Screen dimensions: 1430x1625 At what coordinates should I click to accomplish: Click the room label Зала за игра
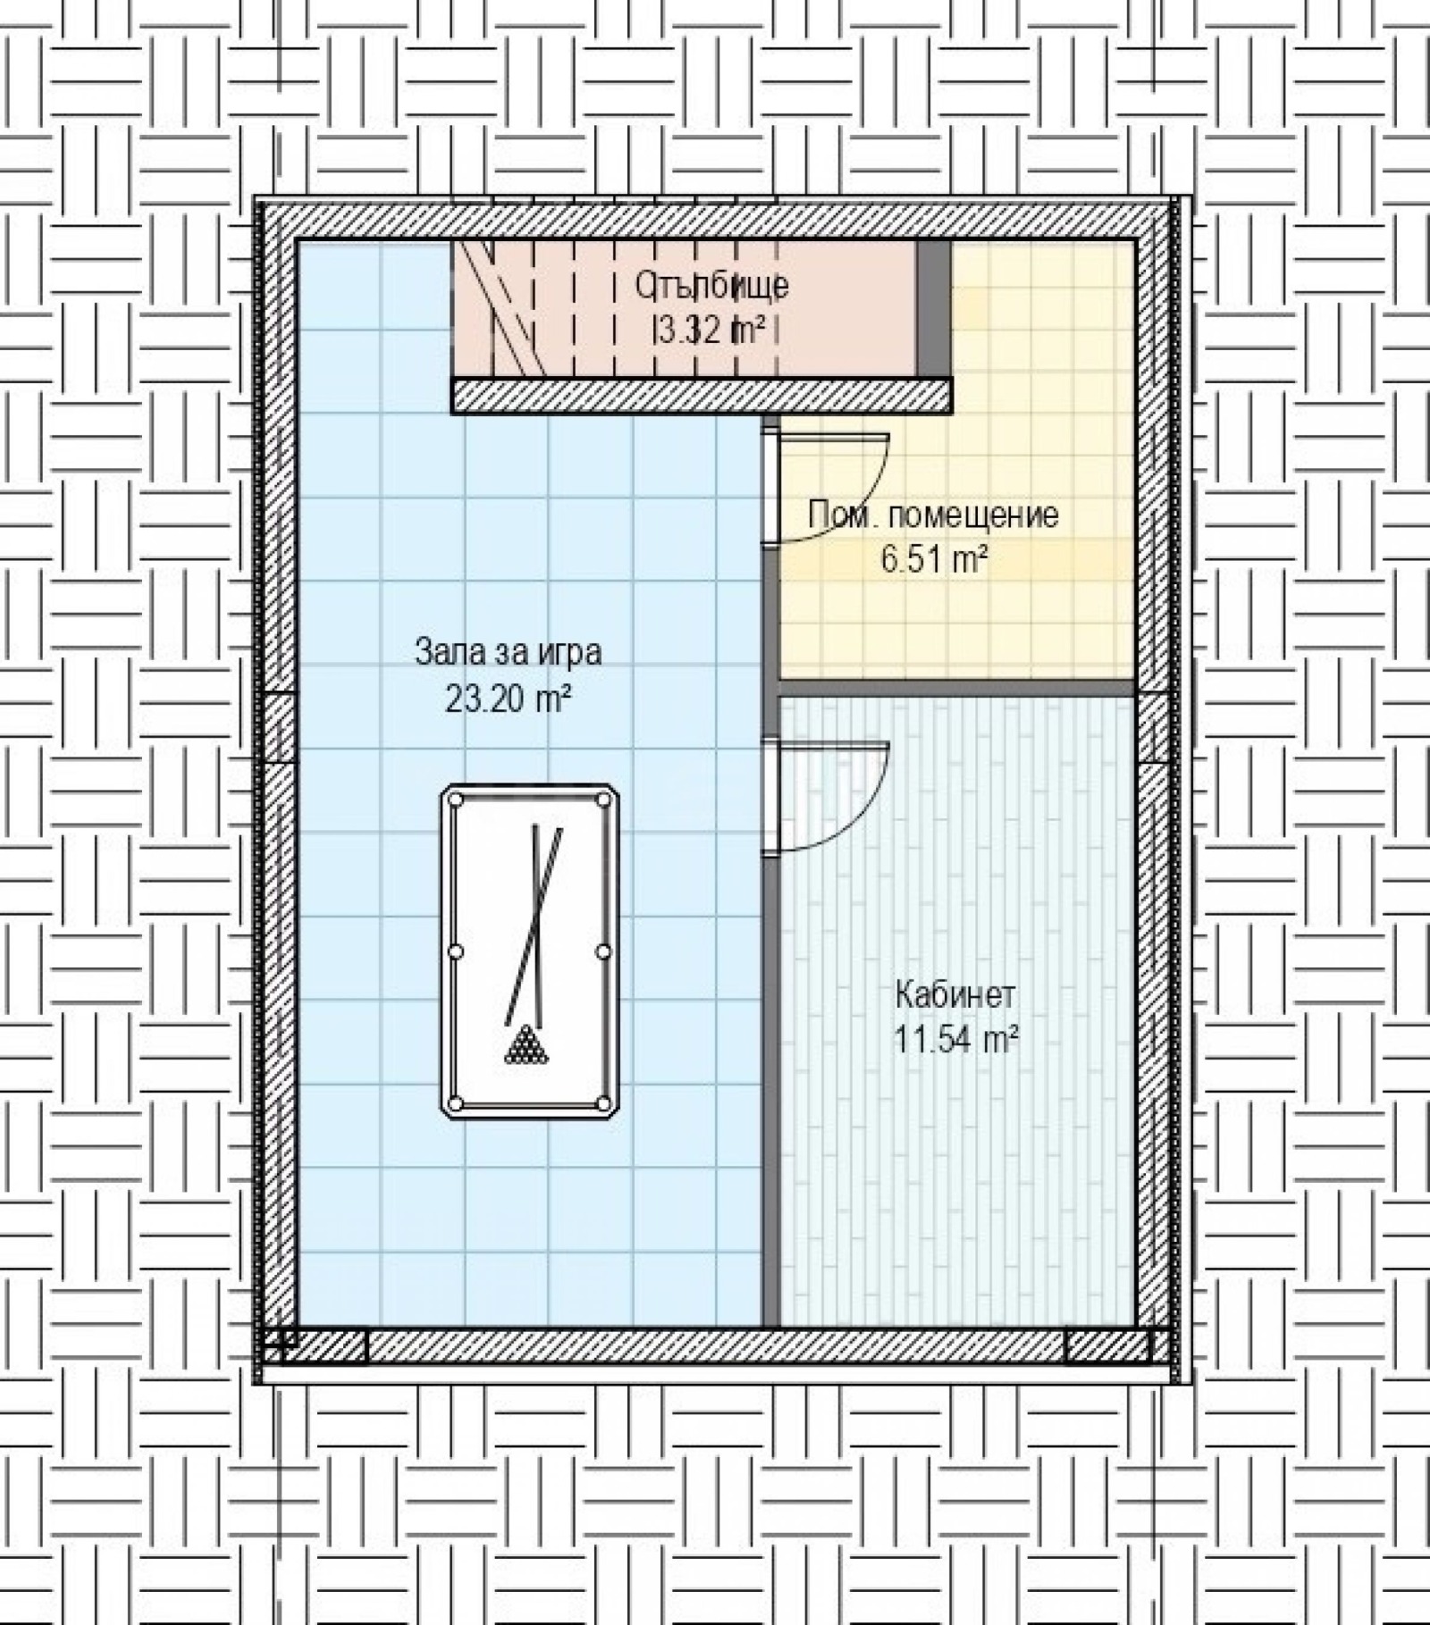[x=508, y=653]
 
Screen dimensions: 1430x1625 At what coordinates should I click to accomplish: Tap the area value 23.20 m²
[x=508, y=699]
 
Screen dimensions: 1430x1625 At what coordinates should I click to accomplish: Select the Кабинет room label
[x=955, y=994]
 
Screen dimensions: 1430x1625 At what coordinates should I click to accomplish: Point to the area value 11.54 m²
[x=956, y=1040]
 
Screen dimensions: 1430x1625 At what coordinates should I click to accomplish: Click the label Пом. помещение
[x=933, y=515]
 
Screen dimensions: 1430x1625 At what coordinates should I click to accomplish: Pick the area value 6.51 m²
[x=934, y=561]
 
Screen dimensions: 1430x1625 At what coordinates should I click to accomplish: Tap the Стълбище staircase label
[x=711, y=287]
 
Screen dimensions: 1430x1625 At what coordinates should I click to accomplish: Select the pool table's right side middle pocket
[x=603, y=951]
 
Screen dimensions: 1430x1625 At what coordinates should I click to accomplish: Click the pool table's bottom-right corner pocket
[x=603, y=1104]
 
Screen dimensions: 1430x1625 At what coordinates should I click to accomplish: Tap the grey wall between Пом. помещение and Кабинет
[x=956, y=688]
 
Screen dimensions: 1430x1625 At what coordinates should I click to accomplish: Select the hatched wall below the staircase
[x=702, y=395]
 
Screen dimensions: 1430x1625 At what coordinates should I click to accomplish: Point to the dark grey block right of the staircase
[x=933, y=308]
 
